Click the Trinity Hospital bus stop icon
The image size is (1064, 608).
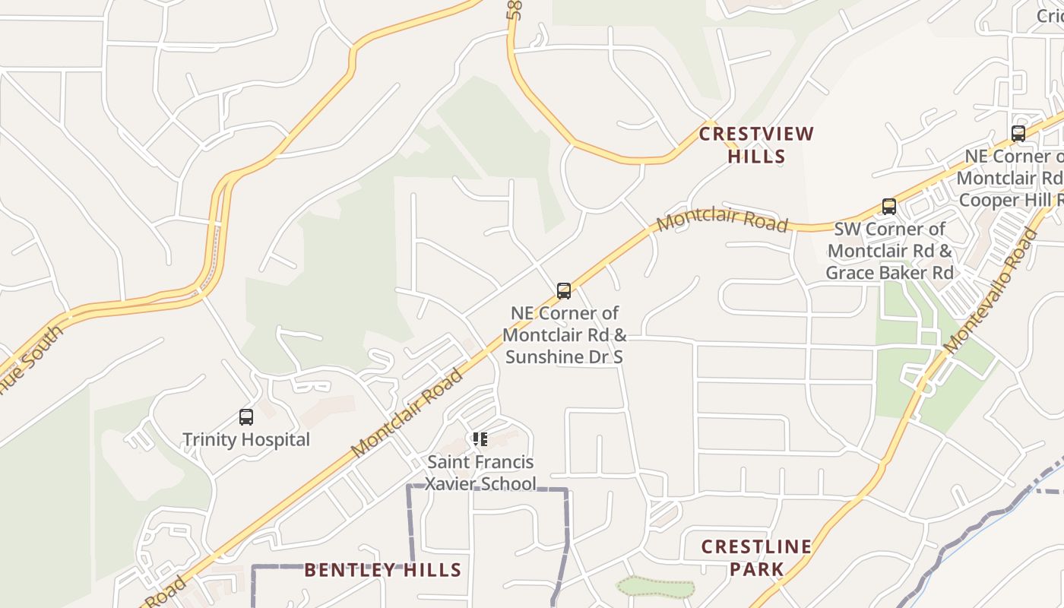[x=246, y=416]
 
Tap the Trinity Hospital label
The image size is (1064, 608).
[x=246, y=439]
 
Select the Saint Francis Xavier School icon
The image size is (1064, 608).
[x=480, y=439]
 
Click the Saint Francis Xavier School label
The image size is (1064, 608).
[x=480, y=473]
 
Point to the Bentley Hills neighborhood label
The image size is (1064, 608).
[x=383, y=570]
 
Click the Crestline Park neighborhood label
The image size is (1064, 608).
[x=756, y=558]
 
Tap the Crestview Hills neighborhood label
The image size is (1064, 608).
[x=756, y=145]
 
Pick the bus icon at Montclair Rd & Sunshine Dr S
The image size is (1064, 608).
[x=564, y=290]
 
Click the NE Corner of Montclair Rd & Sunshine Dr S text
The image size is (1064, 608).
[x=565, y=334]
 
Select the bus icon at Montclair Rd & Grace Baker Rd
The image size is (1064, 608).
[x=889, y=206]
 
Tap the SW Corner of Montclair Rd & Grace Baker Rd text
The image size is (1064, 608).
[x=889, y=251]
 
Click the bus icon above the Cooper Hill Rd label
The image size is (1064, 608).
[x=1018, y=134]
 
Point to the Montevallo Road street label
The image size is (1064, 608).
[x=991, y=290]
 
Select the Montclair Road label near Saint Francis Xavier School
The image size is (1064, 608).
[x=407, y=413]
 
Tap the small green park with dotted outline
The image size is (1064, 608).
[x=655, y=587]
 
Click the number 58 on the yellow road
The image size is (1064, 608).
[x=515, y=9]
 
